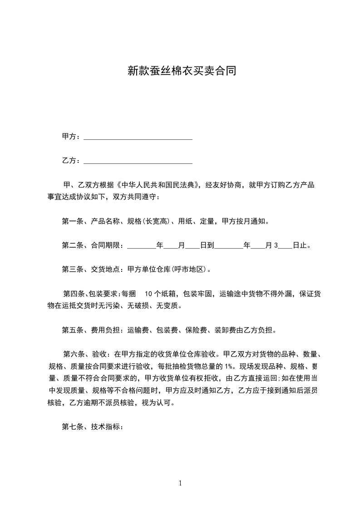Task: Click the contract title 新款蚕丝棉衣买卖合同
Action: pos(181,71)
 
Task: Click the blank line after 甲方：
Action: pos(138,137)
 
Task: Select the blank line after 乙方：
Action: pos(138,161)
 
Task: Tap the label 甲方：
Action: pos(71,137)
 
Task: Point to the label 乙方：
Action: pos(71,161)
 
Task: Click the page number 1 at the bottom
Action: pos(180,483)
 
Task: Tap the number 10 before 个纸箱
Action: pos(148,294)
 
